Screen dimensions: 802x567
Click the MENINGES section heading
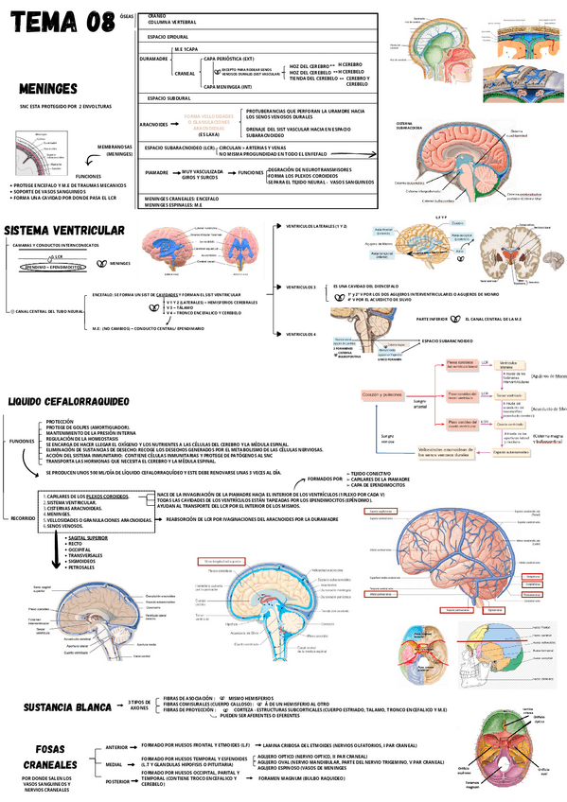[x=47, y=90]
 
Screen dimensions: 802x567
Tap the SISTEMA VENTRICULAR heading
[x=64, y=231]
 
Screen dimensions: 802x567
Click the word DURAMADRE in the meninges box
[x=153, y=58]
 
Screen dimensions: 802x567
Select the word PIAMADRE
[x=151, y=173]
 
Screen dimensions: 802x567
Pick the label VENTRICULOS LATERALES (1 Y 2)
[x=317, y=227]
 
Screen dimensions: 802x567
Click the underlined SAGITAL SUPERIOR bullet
[x=88, y=536]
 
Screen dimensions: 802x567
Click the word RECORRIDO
[x=23, y=518]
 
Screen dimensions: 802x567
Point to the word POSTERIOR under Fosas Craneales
[x=117, y=782]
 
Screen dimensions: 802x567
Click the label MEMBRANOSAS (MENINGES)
[x=115, y=150]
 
